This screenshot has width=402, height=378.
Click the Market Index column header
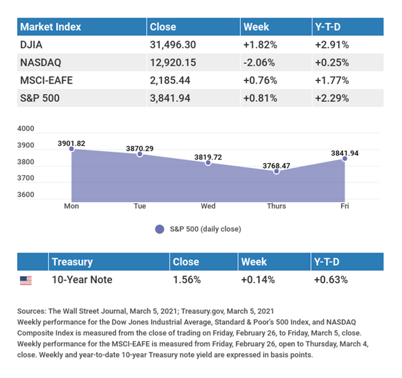[x=50, y=27]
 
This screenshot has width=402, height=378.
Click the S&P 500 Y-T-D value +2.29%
[x=332, y=101]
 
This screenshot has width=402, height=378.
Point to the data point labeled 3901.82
[x=71, y=149]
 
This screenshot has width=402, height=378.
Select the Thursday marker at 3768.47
[x=276, y=171]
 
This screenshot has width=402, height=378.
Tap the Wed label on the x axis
[x=208, y=206]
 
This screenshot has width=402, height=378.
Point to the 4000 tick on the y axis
[x=26, y=129]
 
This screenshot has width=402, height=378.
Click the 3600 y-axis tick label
[x=26, y=195]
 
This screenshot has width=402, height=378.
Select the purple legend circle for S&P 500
[x=159, y=229]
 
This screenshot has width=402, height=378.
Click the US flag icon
[x=26, y=280]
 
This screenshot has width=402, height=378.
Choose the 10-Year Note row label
[x=82, y=279]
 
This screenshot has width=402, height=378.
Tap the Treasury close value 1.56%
[x=187, y=279]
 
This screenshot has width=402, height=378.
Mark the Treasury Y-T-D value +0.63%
[x=331, y=279]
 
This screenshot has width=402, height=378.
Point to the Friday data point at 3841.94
[x=344, y=159]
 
